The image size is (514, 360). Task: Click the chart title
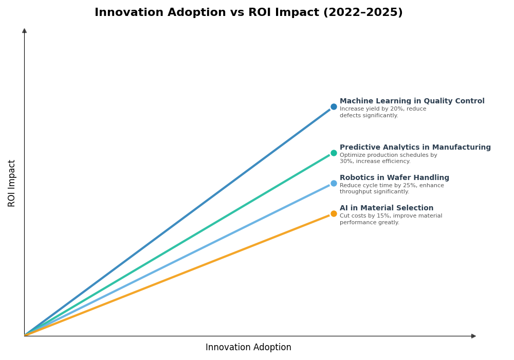click(x=248, y=13)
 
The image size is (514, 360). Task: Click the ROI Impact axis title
click(x=12, y=183)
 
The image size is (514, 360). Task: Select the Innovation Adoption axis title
click(x=248, y=348)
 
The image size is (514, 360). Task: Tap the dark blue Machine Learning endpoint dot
click(x=334, y=107)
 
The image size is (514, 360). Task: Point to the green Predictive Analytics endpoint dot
click(x=334, y=153)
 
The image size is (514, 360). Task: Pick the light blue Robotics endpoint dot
click(x=334, y=183)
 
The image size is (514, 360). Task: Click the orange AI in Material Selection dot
click(x=334, y=213)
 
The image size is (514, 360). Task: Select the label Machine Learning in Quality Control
click(x=412, y=101)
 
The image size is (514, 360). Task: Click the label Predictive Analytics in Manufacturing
click(x=415, y=148)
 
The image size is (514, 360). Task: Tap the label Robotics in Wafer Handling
click(x=394, y=178)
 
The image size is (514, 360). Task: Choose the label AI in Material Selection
click(x=387, y=208)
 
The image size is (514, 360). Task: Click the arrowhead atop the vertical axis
click(x=24, y=31)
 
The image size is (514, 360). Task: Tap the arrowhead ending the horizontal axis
click(x=473, y=336)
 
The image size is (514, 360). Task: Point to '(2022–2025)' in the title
click(x=363, y=13)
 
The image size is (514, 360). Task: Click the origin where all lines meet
click(x=25, y=335)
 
